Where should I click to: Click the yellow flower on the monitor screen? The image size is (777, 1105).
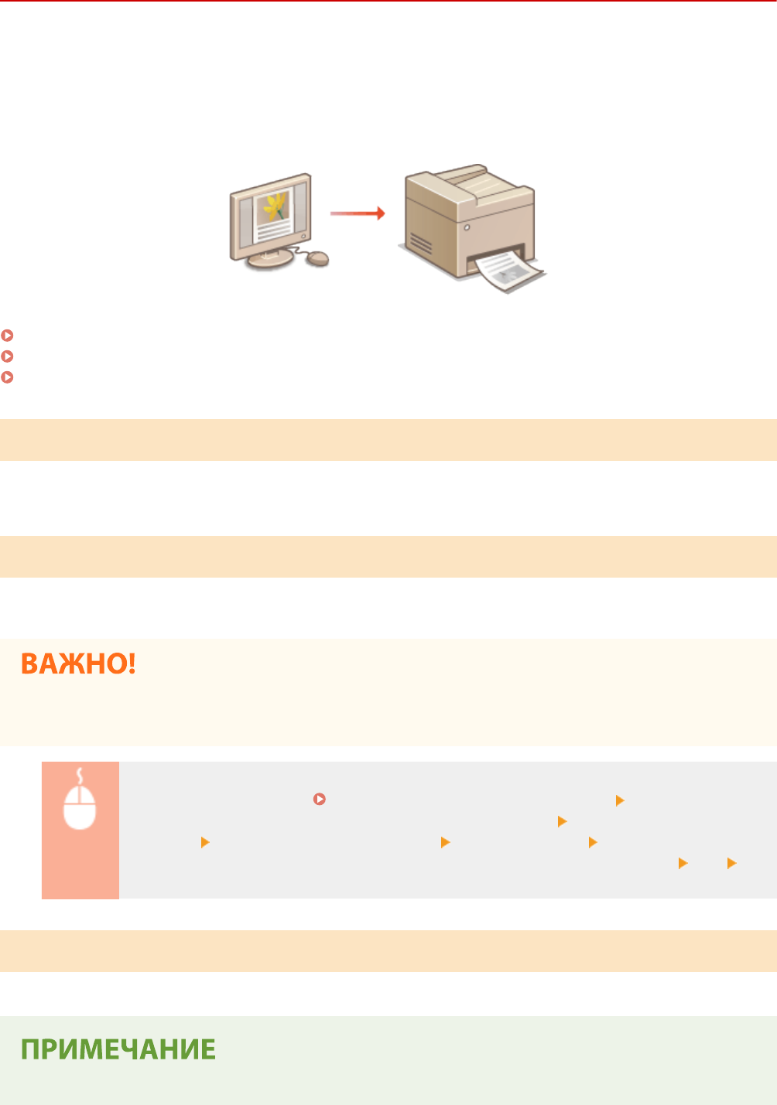[x=275, y=206]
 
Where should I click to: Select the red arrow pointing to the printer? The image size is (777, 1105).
[x=358, y=213]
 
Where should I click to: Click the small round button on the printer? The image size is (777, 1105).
[x=467, y=228]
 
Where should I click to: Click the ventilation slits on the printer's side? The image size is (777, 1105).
[x=421, y=244]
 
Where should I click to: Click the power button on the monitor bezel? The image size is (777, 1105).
[x=303, y=234]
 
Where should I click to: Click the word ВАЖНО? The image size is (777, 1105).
[x=78, y=664]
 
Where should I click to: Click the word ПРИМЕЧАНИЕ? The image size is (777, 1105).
[x=118, y=1049]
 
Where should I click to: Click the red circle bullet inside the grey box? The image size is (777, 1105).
[x=319, y=799]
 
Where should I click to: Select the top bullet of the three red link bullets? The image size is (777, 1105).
[x=8, y=336]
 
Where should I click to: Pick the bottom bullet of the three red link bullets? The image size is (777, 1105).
[x=8, y=377]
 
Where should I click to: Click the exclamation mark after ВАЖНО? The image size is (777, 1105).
[x=131, y=664]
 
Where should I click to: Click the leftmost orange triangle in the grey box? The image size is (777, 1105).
[x=205, y=842]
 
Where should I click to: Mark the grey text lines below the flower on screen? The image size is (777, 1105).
[x=273, y=230]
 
